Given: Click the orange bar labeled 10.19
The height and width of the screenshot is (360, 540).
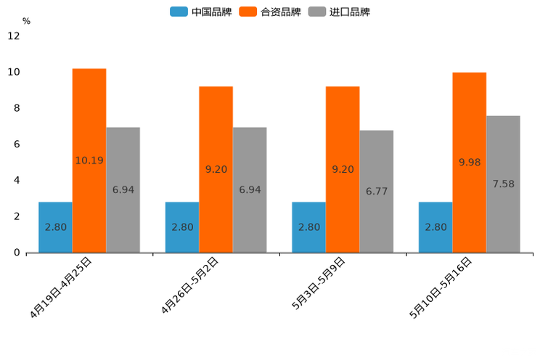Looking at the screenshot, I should tap(89, 160).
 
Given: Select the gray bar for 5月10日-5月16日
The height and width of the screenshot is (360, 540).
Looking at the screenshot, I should tap(503, 184).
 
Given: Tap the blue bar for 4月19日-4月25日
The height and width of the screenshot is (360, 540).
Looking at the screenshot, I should tap(55, 227).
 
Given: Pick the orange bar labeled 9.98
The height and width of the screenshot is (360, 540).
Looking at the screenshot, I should tap(469, 163).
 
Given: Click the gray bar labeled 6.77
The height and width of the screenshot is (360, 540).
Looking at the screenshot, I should tap(376, 192).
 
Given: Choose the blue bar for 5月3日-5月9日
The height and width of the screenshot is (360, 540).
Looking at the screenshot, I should tap(308, 227).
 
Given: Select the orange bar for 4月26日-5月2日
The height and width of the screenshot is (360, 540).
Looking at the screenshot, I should tap(216, 169).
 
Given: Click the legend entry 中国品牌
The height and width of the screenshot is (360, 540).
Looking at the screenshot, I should tap(201, 12).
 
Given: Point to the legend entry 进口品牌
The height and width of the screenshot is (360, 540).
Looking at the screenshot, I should tap(339, 12).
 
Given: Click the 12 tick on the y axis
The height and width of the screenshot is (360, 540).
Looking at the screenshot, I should tap(14, 36).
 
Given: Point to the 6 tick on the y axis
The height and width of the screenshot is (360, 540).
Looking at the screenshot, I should tap(16, 144).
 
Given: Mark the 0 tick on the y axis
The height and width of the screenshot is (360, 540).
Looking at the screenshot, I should tap(16, 253).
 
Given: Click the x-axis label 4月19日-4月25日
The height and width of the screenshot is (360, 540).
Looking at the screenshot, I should tap(62, 287).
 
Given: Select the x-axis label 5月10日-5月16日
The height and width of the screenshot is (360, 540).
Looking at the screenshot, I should tap(441, 287).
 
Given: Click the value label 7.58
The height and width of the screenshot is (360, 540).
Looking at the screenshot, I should tap(503, 184).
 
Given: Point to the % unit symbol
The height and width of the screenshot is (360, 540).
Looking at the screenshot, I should tap(26, 21).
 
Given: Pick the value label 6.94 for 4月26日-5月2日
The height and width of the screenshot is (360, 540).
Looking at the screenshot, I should tap(250, 190).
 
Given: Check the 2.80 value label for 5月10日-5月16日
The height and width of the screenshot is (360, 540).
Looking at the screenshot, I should tap(435, 227).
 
